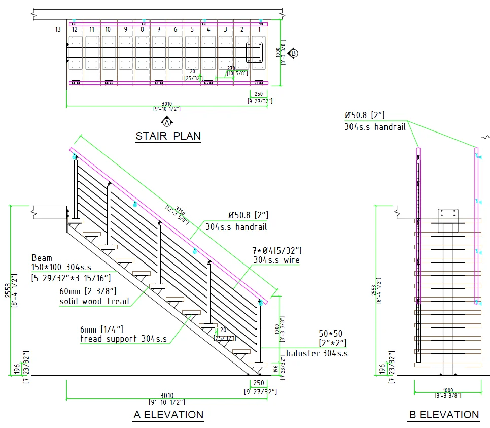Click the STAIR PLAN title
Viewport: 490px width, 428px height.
(168, 136)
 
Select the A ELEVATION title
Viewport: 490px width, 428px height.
(168, 415)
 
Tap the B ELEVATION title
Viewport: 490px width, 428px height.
(444, 415)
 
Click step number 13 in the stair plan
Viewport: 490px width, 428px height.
(58, 30)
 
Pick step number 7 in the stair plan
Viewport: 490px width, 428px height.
(159, 30)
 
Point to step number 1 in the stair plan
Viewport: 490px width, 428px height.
(259, 30)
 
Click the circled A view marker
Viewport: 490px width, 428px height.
(167, 122)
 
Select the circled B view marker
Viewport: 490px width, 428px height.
(294, 53)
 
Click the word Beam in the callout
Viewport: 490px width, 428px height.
(42, 258)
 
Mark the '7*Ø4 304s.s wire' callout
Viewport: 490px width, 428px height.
(277, 255)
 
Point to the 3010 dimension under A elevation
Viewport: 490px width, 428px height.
(167, 396)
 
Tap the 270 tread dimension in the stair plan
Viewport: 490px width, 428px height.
(231, 68)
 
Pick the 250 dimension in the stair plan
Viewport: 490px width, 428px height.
(258, 94)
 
